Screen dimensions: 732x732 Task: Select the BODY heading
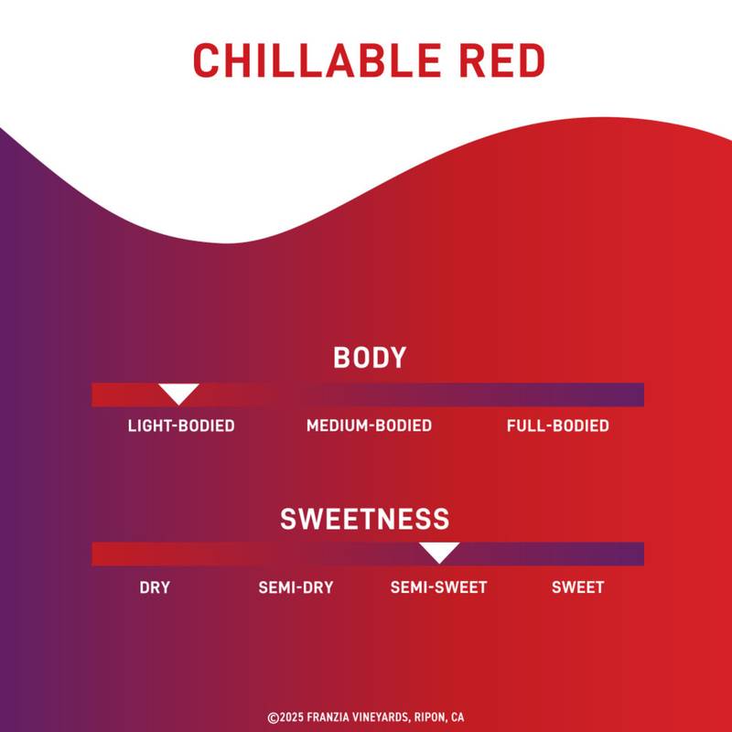click(x=369, y=358)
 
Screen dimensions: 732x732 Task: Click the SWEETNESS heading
click(x=365, y=519)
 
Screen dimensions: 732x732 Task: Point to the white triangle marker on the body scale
click(x=178, y=393)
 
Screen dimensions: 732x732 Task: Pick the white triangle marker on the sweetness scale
click(x=439, y=551)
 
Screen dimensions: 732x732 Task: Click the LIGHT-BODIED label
click(x=181, y=426)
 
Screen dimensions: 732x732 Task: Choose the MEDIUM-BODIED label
click(x=369, y=426)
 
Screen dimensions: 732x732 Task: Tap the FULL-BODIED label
click(x=557, y=426)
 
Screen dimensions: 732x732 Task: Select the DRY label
click(x=155, y=587)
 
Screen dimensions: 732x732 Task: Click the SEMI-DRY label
click(x=296, y=587)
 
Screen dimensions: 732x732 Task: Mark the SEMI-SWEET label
click(x=438, y=587)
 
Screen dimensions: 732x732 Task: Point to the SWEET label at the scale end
click(x=577, y=587)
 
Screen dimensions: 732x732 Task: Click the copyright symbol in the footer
click(x=273, y=718)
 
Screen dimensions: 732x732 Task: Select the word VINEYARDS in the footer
click(x=382, y=718)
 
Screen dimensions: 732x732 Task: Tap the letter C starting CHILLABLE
click(x=205, y=60)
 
